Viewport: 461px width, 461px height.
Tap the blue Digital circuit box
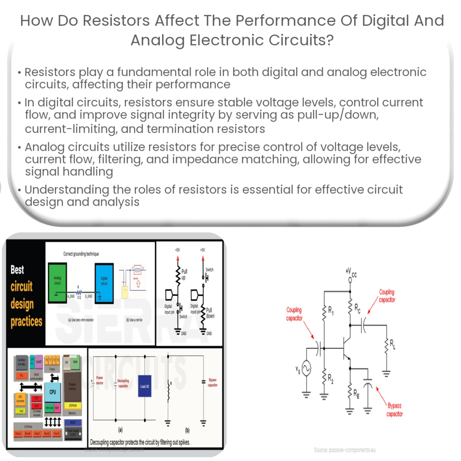[104, 280]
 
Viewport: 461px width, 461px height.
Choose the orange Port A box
[17, 434]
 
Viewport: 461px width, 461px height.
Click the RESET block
[71, 422]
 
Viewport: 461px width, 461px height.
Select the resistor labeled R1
[324, 312]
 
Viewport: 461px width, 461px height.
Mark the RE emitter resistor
[350, 392]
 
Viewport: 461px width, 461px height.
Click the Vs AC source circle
[307, 368]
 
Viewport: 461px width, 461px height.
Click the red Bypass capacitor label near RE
[394, 410]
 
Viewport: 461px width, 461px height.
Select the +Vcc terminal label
[351, 271]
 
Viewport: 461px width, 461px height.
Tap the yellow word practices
[27, 321]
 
